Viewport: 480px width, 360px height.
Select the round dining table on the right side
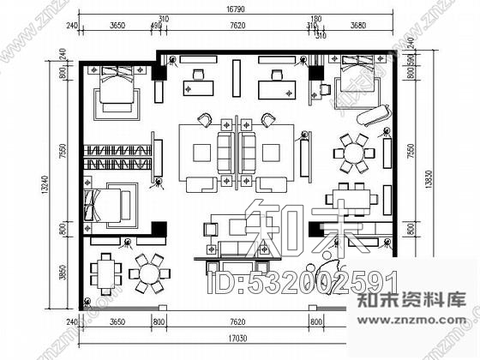tap(353, 154)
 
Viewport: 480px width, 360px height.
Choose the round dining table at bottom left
tap(149, 275)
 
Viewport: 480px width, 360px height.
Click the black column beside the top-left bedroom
tap(158, 75)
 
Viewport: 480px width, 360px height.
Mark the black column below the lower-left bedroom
tap(158, 227)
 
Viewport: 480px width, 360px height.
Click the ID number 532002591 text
tap(302, 280)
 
